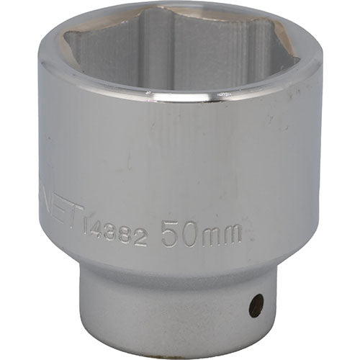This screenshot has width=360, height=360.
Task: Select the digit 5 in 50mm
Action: coord(170,234)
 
